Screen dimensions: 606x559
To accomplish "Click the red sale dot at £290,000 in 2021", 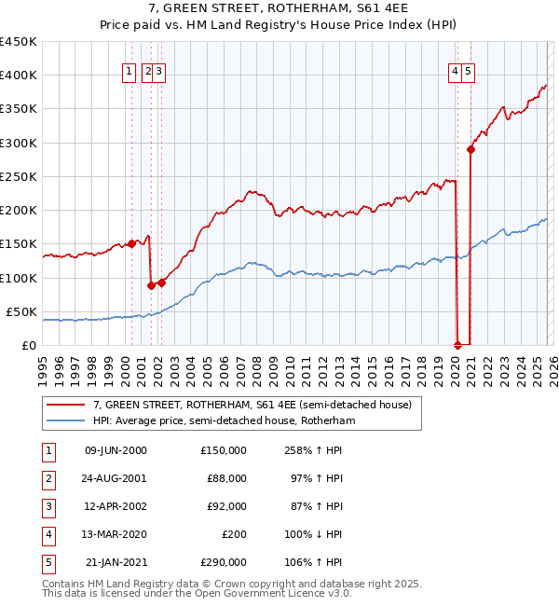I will (x=471, y=149).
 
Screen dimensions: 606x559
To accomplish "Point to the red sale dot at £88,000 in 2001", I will (x=151, y=285).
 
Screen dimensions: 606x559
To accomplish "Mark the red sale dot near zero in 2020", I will (x=457, y=344).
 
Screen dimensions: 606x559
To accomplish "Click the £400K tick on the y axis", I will (x=19, y=76).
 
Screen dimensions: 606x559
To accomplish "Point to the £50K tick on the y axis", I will (x=21, y=311).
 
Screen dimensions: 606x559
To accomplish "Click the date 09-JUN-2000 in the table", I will (x=116, y=450).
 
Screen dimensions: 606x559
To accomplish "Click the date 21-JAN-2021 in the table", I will (x=116, y=562).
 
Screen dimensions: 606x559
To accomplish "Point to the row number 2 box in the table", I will (x=47, y=478).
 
